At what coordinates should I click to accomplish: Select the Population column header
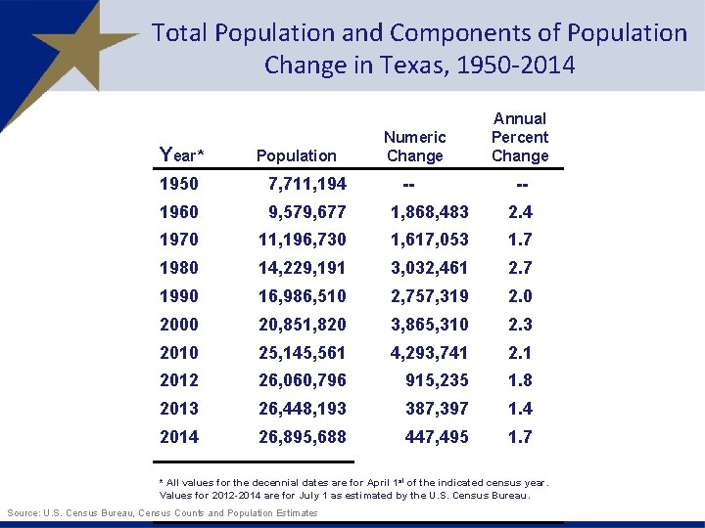(x=296, y=155)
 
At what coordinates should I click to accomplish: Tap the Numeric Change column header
(x=414, y=147)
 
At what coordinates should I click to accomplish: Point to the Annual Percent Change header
(x=519, y=137)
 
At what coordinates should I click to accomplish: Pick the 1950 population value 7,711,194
(x=306, y=184)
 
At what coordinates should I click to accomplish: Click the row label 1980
(x=178, y=268)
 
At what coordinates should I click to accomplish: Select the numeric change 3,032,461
(x=429, y=268)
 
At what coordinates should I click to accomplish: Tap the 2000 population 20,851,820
(x=302, y=325)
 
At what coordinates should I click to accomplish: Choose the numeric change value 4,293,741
(x=429, y=353)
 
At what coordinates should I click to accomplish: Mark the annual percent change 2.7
(x=519, y=268)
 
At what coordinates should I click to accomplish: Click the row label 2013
(x=178, y=409)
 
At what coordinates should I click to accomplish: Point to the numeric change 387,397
(x=437, y=409)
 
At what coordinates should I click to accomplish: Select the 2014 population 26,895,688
(x=302, y=437)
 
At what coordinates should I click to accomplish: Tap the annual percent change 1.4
(x=519, y=409)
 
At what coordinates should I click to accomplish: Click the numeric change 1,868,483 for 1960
(x=429, y=212)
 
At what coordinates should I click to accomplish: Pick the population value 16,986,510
(x=302, y=296)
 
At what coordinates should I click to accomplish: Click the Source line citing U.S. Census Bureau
(x=162, y=513)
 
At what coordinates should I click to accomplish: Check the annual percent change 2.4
(x=519, y=212)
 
